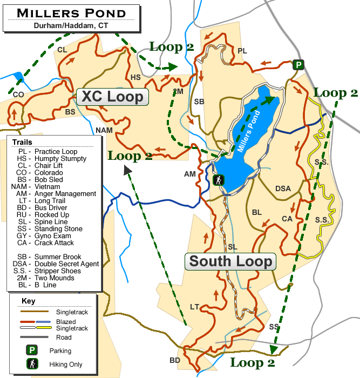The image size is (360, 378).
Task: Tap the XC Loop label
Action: pyautogui.click(x=112, y=97)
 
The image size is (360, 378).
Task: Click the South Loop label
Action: pyautogui.click(x=231, y=261)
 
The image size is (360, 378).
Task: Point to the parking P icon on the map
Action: pyautogui.click(x=298, y=65)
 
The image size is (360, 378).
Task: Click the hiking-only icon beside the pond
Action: pyautogui.click(x=219, y=180)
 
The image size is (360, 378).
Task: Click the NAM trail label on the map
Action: pyautogui.click(x=104, y=130)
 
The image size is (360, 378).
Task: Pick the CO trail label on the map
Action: pyautogui.click(x=18, y=94)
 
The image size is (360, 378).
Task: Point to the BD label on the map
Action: pyautogui.click(x=175, y=360)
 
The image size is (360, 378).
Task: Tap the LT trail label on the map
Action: pyautogui.click(x=195, y=307)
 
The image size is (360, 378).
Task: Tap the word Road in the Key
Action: pyautogui.click(x=63, y=337)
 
